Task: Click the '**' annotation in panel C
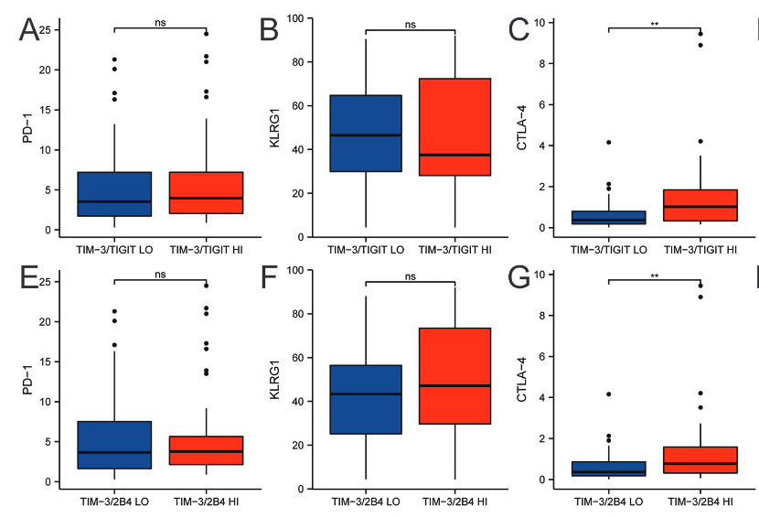coord(655,24)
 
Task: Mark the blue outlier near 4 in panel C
coord(608,143)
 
